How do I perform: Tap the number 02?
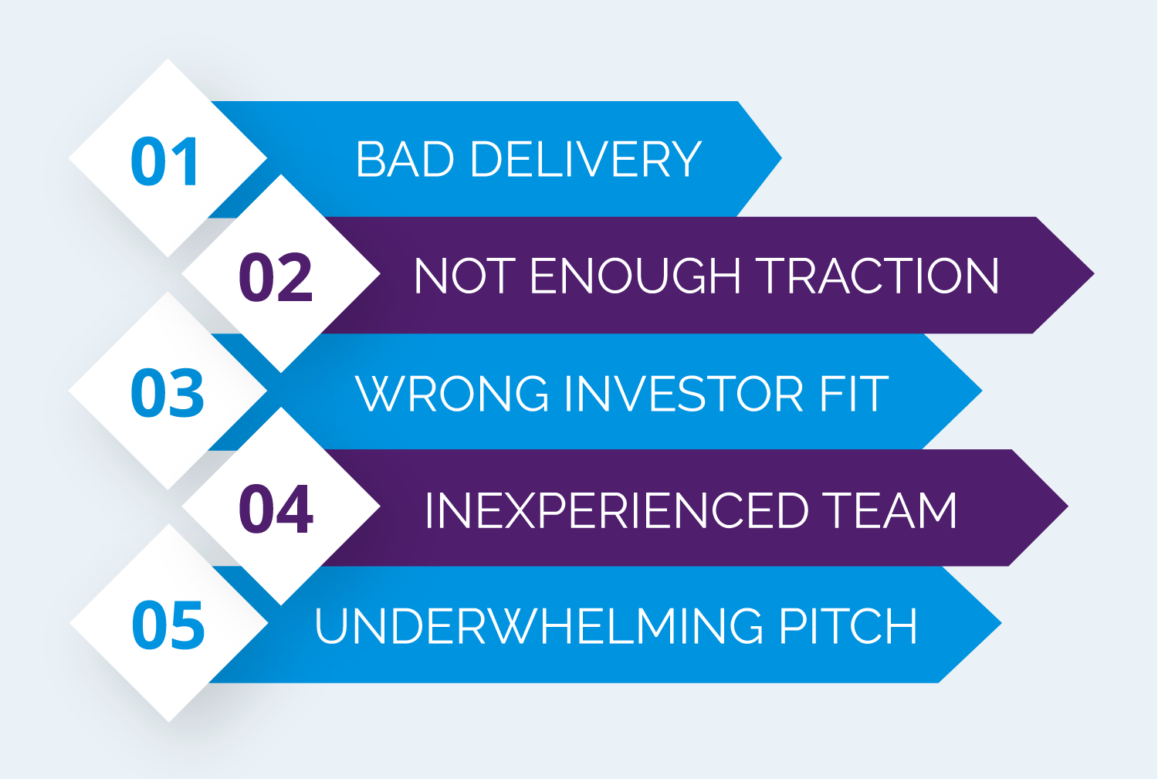pyautogui.click(x=276, y=277)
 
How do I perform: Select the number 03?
pyautogui.click(x=167, y=394)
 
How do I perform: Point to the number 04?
pyautogui.click(x=276, y=509)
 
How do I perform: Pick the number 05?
pyautogui.click(x=168, y=625)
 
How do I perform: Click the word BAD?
pyautogui.click(x=405, y=159)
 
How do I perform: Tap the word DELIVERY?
pyautogui.click(x=586, y=159)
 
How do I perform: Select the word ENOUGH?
pyautogui.click(x=635, y=276)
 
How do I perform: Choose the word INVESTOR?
pyautogui.click(x=684, y=394)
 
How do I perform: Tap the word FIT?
pyautogui.click(x=854, y=394)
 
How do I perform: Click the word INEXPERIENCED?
pyautogui.click(x=617, y=510)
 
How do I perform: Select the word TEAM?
pyautogui.click(x=889, y=510)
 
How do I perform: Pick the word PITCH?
pyautogui.click(x=848, y=626)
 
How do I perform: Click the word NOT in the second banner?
pyautogui.click(x=465, y=276)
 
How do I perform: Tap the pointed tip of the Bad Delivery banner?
pyautogui.click(x=781, y=158)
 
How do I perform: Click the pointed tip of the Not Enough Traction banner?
pyautogui.click(x=1094, y=274)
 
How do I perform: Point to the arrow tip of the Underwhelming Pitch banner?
pyautogui.click(x=1001, y=624)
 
